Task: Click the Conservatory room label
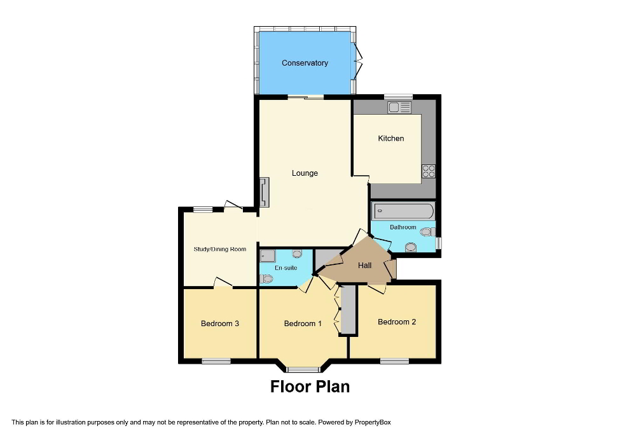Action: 305,63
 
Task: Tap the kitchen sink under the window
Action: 401,108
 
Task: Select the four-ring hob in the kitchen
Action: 429,171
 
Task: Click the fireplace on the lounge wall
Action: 264,192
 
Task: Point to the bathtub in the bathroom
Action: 404,211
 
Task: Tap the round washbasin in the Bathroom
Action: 411,247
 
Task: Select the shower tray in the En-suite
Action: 267,256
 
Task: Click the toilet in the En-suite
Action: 267,278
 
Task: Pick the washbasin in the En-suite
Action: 296,253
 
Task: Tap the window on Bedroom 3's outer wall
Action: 216,361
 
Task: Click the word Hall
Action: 364,266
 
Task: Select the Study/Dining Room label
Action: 219,249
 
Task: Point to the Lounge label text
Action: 305,173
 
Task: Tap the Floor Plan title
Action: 310,387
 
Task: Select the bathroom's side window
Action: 438,243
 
